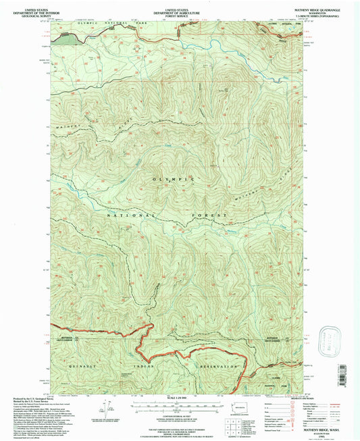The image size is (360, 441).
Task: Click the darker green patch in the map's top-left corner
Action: [x=68, y=38]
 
